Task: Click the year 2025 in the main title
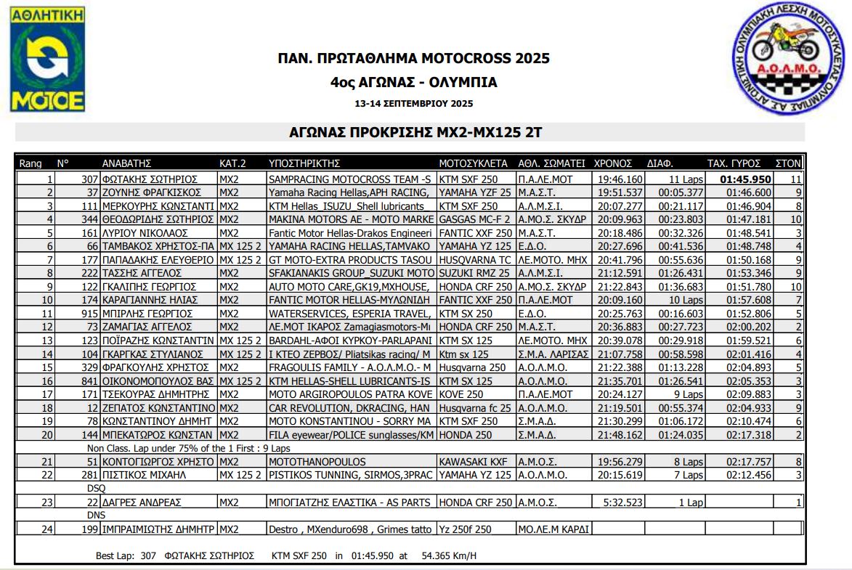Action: [x=532, y=58]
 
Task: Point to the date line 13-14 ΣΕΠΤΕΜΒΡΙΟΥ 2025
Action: [x=413, y=104]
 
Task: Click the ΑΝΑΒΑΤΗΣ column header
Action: [x=126, y=163]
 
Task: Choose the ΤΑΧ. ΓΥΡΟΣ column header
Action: [x=734, y=163]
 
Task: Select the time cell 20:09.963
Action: [x=619, y=219]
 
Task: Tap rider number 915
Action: [x=89, y=314]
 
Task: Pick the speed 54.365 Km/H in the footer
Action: [x=449, y=555]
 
